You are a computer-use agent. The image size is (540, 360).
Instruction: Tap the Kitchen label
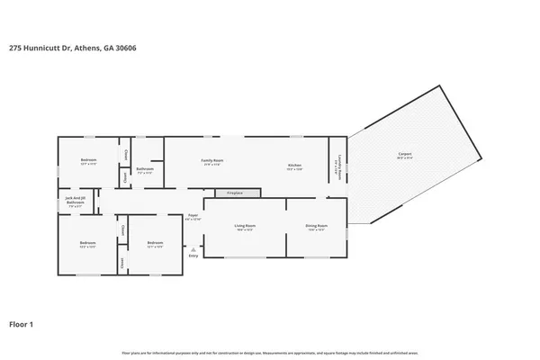click(294, 166)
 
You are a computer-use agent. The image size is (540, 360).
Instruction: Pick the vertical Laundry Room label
click(337, 168)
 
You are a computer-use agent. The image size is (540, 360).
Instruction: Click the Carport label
click(405, 155)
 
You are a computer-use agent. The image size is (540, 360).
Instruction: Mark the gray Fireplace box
click(235, 193)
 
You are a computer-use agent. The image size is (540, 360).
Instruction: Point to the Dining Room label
click(316, 226)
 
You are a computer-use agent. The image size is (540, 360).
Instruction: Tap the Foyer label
click(193, 215)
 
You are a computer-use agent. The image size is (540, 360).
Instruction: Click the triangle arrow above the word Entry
click(193, 248)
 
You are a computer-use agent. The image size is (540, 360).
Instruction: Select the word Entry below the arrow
click(193, 256)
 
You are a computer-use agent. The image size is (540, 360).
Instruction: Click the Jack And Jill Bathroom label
click(76, 202)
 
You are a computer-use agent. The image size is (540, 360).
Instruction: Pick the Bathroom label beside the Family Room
click(145, 169)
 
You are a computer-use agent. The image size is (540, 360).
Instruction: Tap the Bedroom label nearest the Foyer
click(155, 242)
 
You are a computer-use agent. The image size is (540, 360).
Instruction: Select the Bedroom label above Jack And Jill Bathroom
click(88, 162)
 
